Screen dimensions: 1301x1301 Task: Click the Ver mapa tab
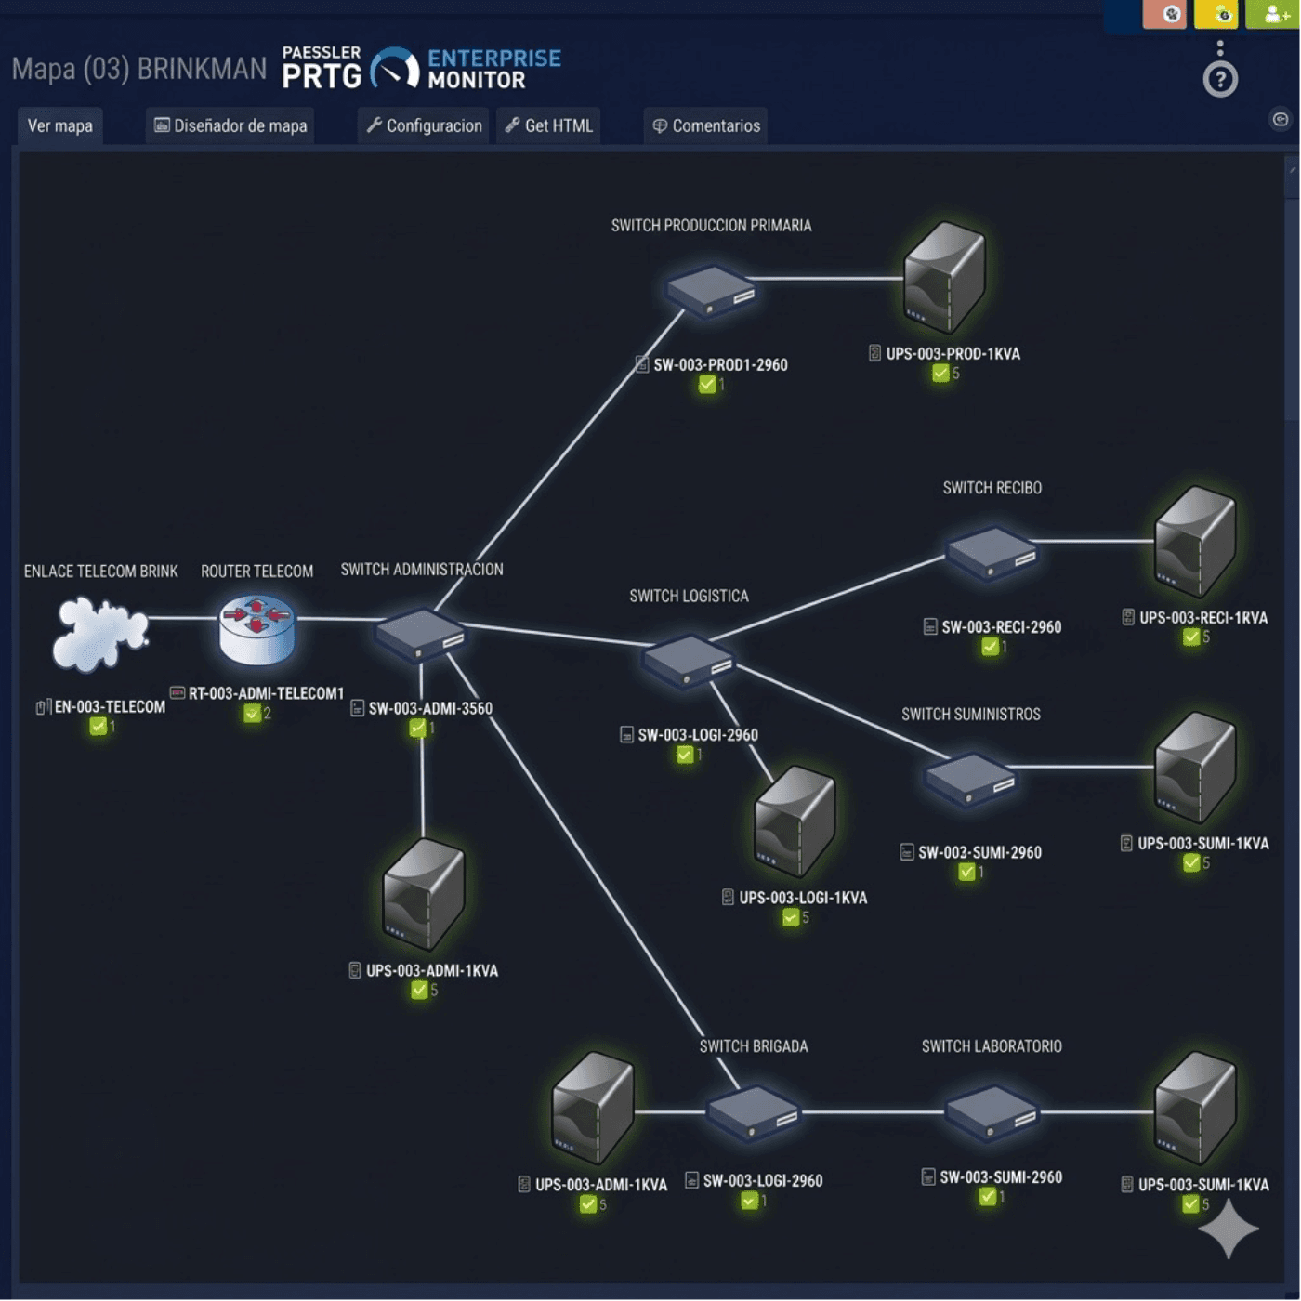[x=60, y=126]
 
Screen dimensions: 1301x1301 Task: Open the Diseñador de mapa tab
[x=230, y=126]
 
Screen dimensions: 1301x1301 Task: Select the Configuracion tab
[x=425, y=126]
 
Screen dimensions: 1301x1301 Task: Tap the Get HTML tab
[x=549, y=126]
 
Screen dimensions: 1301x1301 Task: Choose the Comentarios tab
[x=706, y=126]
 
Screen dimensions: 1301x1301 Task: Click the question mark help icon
[x=1219, y=80]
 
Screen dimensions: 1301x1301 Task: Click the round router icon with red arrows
[x=257, y=628]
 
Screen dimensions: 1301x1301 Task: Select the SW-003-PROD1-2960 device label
[x=720, y=365]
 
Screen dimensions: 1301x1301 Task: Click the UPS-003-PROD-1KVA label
[x=953, y=354]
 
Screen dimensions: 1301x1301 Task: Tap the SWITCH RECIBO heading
[x=992, y=489]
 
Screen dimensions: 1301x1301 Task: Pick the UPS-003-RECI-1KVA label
[x=1202, y=618]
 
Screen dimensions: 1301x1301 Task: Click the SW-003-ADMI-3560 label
[x=430, y=709]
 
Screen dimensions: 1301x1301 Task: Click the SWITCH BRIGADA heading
[x=754, y=1046]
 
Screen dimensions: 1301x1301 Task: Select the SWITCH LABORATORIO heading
[x=992, y=1046]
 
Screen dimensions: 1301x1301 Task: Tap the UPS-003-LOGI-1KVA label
[x=803, y=899]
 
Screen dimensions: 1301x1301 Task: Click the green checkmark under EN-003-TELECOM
[x=98, y=727]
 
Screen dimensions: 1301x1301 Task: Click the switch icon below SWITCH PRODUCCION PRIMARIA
[x=711, y=291]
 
